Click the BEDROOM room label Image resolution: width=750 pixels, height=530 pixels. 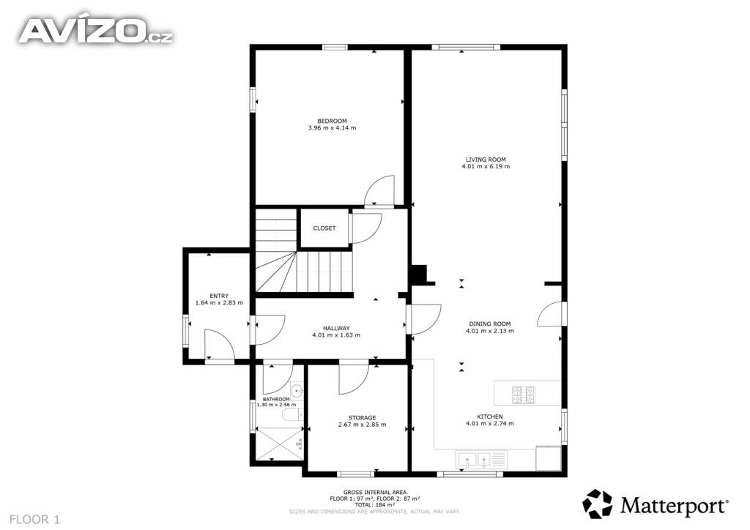[332, 121]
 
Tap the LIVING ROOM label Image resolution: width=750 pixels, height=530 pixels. [486, 160]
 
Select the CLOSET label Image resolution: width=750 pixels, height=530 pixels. [324, 228]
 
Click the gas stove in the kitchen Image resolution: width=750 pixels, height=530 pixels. [524, 395]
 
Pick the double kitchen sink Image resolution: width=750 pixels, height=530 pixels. [475, 460]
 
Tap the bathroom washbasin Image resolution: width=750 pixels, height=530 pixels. [297, 390]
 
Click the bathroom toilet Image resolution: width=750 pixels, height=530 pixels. [292, 414]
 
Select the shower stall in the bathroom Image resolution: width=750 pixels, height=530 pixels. [280, 444]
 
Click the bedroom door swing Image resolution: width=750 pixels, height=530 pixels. [379, 192]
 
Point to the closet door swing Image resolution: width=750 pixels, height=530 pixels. [366, 228]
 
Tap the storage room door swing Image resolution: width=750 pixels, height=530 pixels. [354, 379]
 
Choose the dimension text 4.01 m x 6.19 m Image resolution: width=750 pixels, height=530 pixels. [486, 167]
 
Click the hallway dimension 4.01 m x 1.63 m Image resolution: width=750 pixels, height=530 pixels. [336, 335]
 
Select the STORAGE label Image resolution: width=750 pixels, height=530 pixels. [362, 418]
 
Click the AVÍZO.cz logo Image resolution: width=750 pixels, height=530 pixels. [96, 31]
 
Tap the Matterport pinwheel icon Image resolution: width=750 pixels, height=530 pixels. [597, 504]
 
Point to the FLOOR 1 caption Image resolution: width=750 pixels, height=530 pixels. [35, 520]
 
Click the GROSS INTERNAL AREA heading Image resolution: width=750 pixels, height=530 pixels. [375, 492]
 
